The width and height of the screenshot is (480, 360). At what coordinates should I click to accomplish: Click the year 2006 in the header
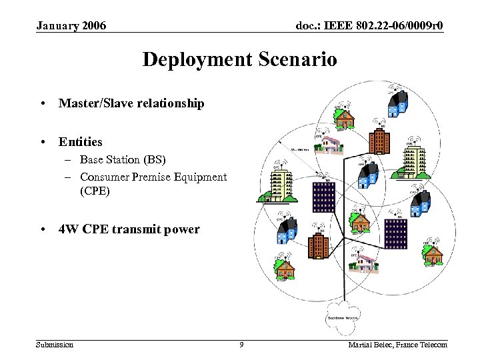[x=93, y=26]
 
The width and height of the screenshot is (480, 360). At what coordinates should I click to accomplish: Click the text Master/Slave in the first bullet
[x=91, y=103]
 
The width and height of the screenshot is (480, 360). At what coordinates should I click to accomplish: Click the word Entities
[x=80, y=142]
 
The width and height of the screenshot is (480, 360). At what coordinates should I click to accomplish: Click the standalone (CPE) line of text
[x=95, y=191]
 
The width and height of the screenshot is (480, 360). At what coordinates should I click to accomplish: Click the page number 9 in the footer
[x=241, y=345]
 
